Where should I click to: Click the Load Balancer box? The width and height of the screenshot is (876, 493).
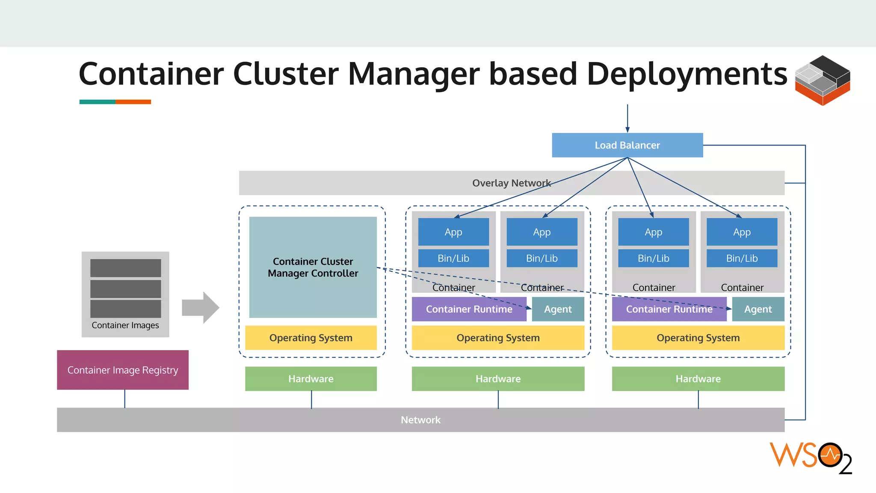(x=627, y=145)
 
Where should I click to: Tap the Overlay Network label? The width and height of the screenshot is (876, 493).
(x=511, y=183)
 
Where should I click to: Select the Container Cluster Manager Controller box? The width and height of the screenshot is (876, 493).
(x=313, y=267)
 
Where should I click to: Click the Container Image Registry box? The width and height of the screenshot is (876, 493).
(x=123, y=370)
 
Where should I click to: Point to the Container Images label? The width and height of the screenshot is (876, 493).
(x=125, y=325)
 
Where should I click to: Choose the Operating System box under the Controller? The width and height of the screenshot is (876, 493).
(x=311, y=338)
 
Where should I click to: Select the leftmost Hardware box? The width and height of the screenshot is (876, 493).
(x=311, y=379)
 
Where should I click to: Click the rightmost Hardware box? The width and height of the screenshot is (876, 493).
(x=698, y=379)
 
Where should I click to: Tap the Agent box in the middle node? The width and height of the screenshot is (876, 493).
(x=558, y=309)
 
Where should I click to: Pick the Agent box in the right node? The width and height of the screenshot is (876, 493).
(x=758, y=309)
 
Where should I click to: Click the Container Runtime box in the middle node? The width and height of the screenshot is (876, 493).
(x=469, y=309)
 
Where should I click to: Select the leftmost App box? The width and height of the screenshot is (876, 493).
(x=453, y=232)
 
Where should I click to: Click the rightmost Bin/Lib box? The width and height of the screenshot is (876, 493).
(x=742, y=258)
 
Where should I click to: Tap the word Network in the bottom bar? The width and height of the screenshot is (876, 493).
(x=420, y=420)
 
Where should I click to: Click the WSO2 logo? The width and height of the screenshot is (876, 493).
(x=811, y=458)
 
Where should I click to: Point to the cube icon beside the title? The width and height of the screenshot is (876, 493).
(x=822, y=80)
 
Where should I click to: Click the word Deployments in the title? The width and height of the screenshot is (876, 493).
(x=687, y=74)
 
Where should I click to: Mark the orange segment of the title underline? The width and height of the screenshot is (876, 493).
(x=133, y=102)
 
